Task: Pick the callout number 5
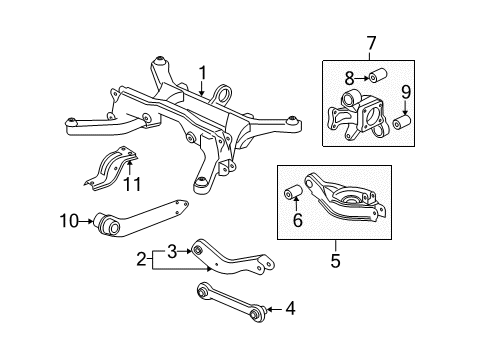335,262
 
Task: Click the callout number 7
371,43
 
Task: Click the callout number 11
130,185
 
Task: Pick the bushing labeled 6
296,193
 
